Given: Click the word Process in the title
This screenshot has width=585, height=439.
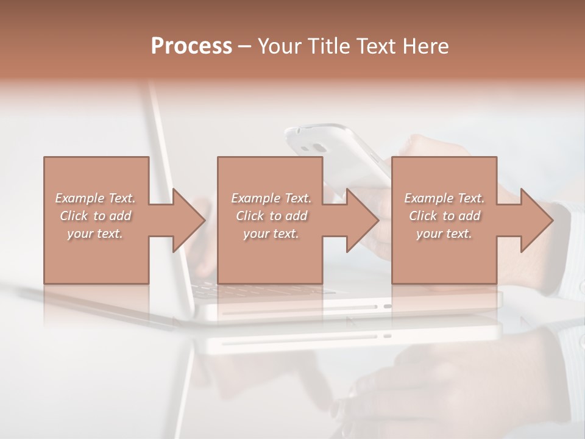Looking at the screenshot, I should (x=191, y=46).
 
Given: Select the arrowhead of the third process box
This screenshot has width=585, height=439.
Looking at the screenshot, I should (x=536, y=220).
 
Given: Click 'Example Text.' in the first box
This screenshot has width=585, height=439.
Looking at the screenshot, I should (x=96, y=198).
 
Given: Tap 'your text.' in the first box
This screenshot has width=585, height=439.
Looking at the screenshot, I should (x=96, y=234).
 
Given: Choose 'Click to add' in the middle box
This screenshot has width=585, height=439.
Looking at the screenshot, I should (x=271, y=216).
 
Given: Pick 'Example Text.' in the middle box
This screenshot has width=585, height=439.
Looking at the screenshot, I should (x=271, y=198).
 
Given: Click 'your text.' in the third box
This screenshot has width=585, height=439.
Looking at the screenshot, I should (x=444, y=234).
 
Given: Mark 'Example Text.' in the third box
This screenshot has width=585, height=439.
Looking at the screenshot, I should (x=444, y=198).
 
